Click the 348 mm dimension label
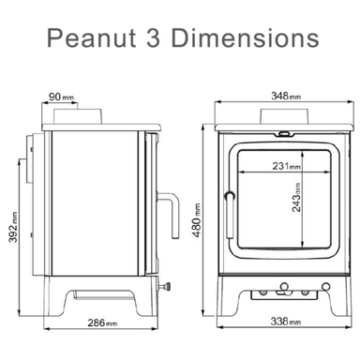coord(278,97)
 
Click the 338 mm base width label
coord(278,322)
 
